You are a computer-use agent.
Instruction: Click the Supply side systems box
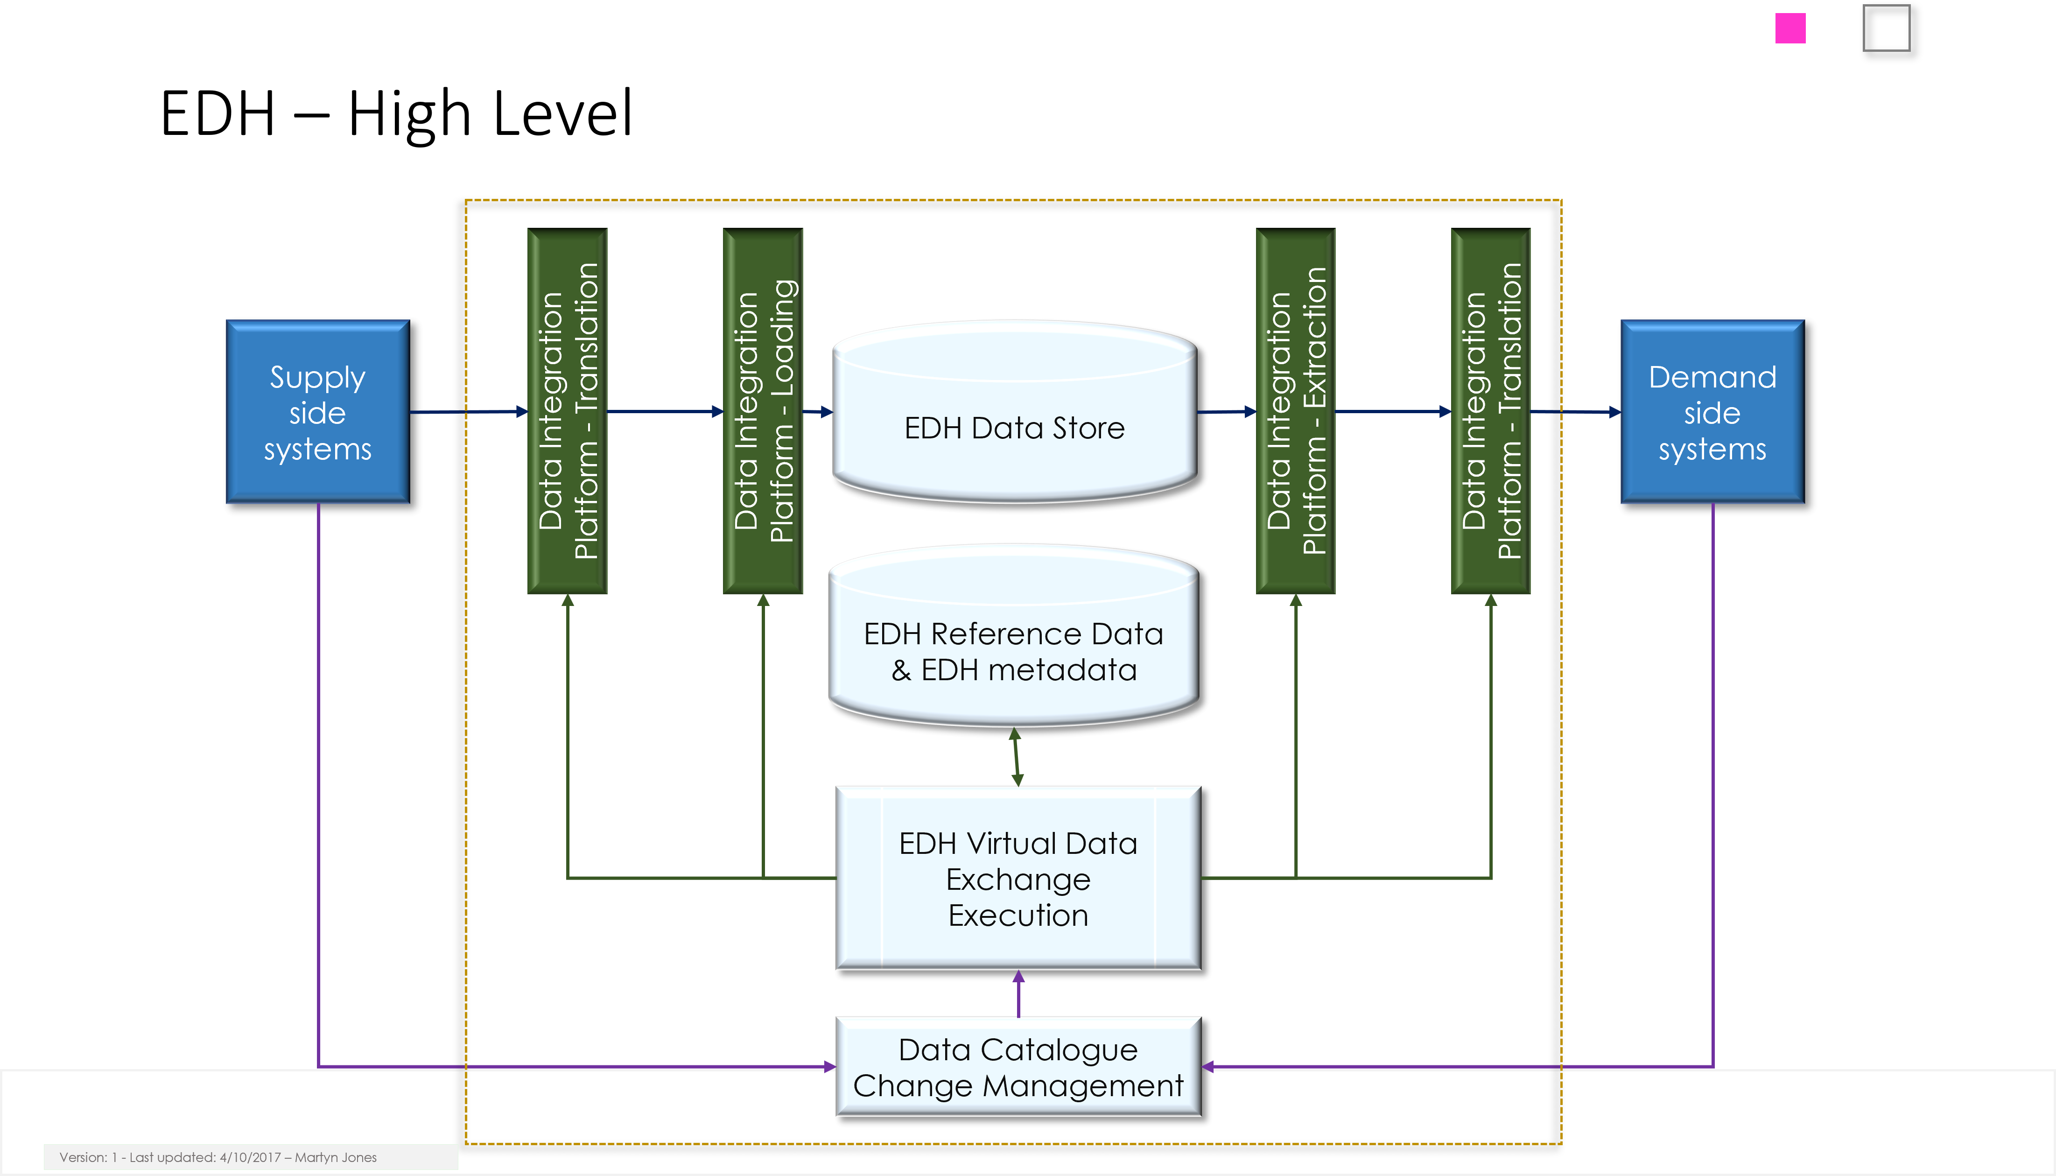pyautogui.click(x=317, y=412)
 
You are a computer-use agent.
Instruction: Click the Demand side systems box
pyautogui.click(x=1712, y=412)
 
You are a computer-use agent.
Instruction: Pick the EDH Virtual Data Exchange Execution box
pyautogui.click(x=1018, y=879)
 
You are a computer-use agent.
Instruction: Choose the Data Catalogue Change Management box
pyautogui.click(x=1018, y=1067)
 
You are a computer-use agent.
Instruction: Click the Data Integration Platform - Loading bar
pyautogui.click(x=763, y=411)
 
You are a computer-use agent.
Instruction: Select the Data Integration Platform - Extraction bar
pyautogui.click(x=1296, y=411)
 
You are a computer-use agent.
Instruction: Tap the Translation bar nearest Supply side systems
pyautogui.click(x=568, y=411)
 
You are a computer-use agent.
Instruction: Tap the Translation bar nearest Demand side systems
pyautogui.click(x=1491, y=411)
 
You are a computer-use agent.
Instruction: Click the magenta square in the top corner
pyautogui.click(x=1790, y=28)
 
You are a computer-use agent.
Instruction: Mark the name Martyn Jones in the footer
pyautogui.click(x=336, y=1157)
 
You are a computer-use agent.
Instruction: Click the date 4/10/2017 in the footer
pyautogui.click(x=250, y=1157)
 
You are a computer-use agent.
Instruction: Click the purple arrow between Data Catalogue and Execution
pyautogui.click(x=1018, y=993)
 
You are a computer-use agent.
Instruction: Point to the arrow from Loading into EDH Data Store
pyautogui.click(x=818, y=412)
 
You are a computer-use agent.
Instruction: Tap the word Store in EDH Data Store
pyautogui.click(x=1088, y=428)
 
